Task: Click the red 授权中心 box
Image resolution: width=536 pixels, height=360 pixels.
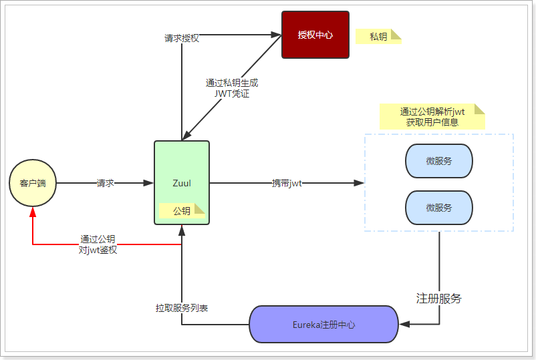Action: [x=315, y=35]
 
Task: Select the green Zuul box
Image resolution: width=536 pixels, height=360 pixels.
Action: [x=182, y=182]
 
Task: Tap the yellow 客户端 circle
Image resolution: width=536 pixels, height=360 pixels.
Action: [x=33, y=183]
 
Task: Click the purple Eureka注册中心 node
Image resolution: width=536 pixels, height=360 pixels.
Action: [x=323, y=325]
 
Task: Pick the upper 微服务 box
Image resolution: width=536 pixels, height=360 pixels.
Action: [x=439, y=161]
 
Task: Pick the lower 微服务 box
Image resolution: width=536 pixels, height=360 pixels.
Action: [x=439, y=208]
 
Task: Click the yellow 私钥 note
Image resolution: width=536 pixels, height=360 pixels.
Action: [x=378, y=37]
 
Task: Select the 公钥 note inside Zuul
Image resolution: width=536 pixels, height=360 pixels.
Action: [x=181, y=211]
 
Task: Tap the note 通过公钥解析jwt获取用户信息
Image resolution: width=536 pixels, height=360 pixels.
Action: [x=432, y=116]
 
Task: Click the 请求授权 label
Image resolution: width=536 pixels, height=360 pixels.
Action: [x=182, y=38]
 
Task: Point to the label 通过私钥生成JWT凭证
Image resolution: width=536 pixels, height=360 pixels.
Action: [x=232, y=88]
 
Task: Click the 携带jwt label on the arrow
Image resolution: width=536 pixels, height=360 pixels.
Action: [x=286, y=183]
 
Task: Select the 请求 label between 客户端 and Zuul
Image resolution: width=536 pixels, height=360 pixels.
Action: [x=105, y=183]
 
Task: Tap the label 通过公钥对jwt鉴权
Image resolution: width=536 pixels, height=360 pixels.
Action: [x=98, y=244]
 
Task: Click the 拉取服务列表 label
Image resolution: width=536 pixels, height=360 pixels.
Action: [x=182, y=308]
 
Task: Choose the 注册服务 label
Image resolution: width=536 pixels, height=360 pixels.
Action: [x=439, y=298]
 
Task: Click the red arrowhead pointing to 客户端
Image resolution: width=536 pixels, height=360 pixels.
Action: [x=33, y=212]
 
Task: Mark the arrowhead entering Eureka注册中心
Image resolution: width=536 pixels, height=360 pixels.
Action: [x=404, y=325]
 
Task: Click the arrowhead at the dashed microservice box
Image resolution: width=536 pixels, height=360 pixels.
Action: [x=359, y=183]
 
